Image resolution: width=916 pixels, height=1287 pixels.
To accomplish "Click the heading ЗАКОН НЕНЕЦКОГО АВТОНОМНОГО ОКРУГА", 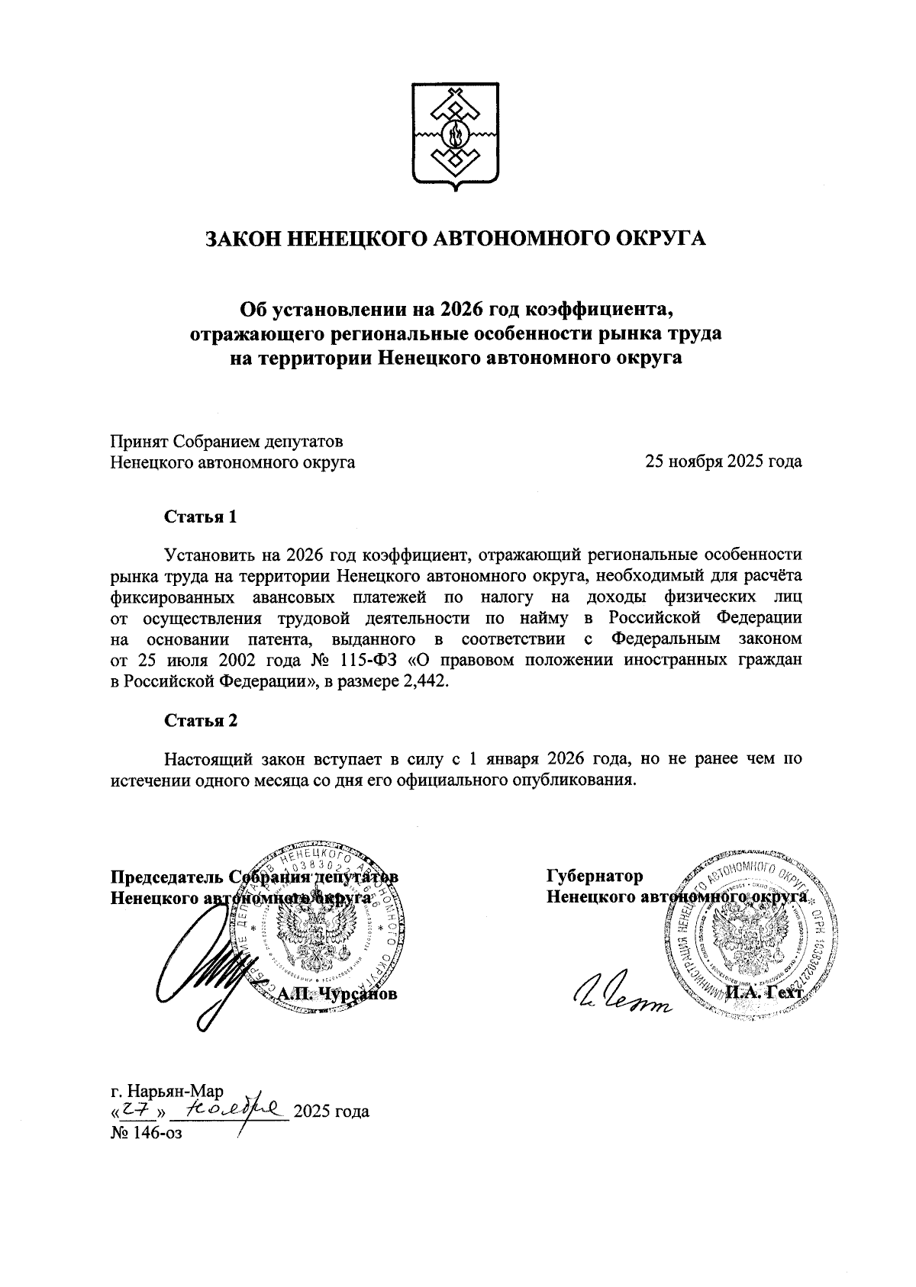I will [x=456, y=239].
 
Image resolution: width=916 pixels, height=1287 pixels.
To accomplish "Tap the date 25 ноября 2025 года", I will [x=723, y=462].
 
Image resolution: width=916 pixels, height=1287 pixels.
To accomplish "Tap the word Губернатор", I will [x=595, y=876].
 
